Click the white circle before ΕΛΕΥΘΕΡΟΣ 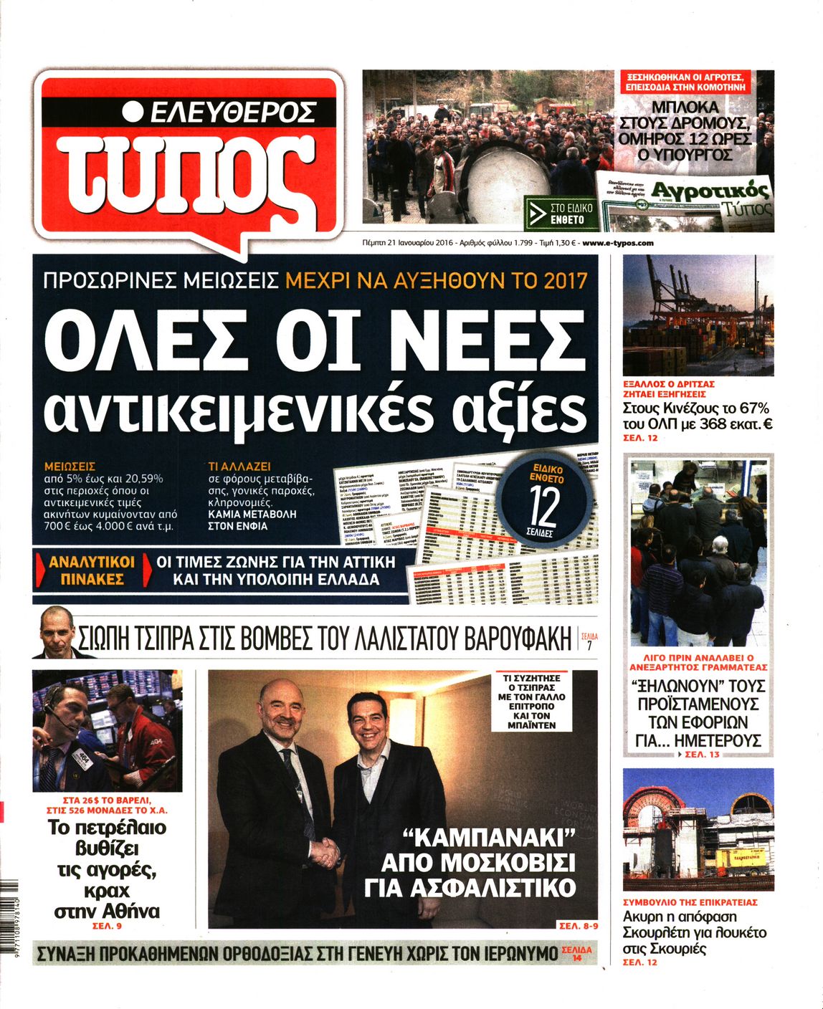pyautogui.click(x=132, y=112)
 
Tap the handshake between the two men pyautogui.click(x=327, y=851)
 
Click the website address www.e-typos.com pyautogui.click(x=618, y=243)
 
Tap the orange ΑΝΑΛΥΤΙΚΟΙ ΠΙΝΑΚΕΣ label pyautogui.click(x=87, y=570)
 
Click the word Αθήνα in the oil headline pyautogui.click(x=130, y=912)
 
